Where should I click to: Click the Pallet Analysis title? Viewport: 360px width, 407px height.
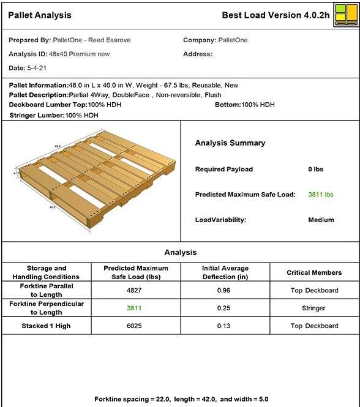40,15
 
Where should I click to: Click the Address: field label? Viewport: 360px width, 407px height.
198,54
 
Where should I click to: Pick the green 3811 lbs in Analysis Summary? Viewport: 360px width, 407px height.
321,195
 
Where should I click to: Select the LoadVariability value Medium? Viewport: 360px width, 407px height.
321,220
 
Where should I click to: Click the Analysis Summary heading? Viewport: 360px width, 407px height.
230,143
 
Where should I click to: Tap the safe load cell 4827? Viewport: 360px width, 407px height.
136,290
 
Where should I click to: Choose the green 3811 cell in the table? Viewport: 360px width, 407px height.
136,308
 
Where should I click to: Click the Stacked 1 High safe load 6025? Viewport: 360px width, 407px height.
136,326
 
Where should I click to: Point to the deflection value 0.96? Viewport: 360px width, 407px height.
226,290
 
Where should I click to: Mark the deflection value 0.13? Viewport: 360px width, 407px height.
226,326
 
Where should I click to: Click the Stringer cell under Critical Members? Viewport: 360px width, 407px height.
314,308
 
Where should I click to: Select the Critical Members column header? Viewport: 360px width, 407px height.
314,272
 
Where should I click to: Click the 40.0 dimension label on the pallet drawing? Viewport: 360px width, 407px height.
53,207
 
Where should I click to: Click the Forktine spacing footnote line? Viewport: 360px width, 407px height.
181,399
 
